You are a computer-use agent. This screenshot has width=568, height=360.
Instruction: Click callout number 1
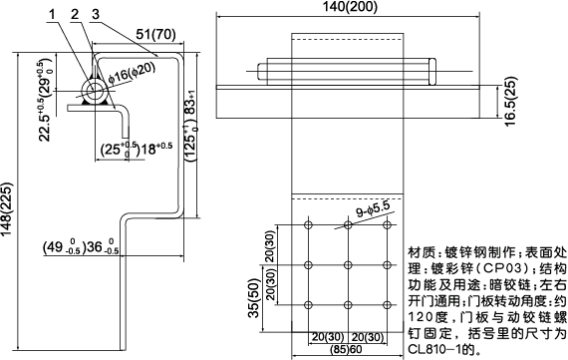pos(52,14)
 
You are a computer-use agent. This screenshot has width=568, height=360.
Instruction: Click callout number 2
pos(74,14)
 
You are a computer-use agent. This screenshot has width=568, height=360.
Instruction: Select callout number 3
pos(95,14)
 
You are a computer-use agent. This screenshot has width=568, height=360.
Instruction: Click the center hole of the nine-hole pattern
pos(347,265)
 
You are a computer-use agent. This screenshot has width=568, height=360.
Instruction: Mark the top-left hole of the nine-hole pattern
pos(308,227)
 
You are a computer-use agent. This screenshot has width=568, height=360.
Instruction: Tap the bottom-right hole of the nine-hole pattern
pos(386,303)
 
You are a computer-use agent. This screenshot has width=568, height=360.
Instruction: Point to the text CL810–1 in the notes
pos(438,351)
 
